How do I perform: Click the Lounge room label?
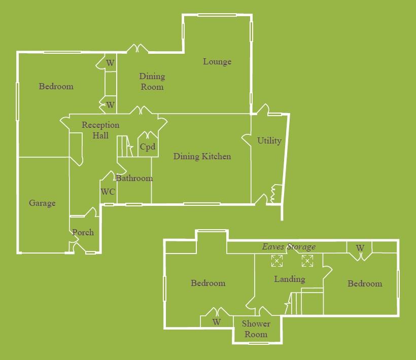click(217, 62)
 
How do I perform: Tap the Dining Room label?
click(152, 82)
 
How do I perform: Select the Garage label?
click(42, 203)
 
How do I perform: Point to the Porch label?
click(83, 233)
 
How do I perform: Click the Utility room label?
click(269, 141)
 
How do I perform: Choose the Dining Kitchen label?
click(202, 157)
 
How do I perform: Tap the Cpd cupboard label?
click(147, 148)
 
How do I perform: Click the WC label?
click(108, 192)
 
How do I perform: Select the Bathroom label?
click(134, 178)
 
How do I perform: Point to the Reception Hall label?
click(100, 130)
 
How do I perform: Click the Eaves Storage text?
click(289, 247)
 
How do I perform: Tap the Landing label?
click(289, 279)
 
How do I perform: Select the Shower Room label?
click(256, 329)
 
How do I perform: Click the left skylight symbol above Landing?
click(277, 261)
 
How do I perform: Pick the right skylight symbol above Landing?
click(307, 261)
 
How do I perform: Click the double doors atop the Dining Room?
click(137, 49)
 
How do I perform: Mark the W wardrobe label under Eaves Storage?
click(360, 248)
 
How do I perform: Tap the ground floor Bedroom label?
click(56, 87)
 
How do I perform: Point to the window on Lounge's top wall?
click(217, 15)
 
